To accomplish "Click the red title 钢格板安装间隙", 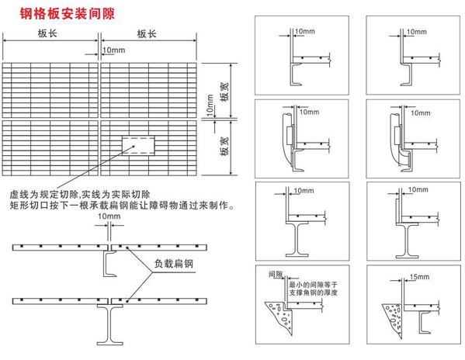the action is tap(68, 14).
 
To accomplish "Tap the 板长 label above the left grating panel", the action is tap(47, 33).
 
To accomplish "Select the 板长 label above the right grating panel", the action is tap(147, 34).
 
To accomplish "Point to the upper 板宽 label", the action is tap(224, 92).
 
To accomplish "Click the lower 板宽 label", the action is tap(224, 147).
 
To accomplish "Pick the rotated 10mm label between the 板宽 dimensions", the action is tap(210, 106).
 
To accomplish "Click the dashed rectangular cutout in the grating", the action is tap(138, 145).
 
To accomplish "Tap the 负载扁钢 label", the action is tap(173, 264).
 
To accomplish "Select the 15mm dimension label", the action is tap(419, 277).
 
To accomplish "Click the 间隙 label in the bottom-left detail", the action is tap(276, 274).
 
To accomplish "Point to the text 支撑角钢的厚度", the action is tap(313, 292).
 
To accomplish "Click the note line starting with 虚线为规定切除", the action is tap(80, 195).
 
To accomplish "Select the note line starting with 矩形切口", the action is tap(122, 205).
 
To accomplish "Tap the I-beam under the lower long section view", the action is tap(109, 325).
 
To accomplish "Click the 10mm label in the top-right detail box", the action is tap(416, 32).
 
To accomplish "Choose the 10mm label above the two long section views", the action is tap(109, 216).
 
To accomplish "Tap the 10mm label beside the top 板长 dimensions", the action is tap(114, 50).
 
